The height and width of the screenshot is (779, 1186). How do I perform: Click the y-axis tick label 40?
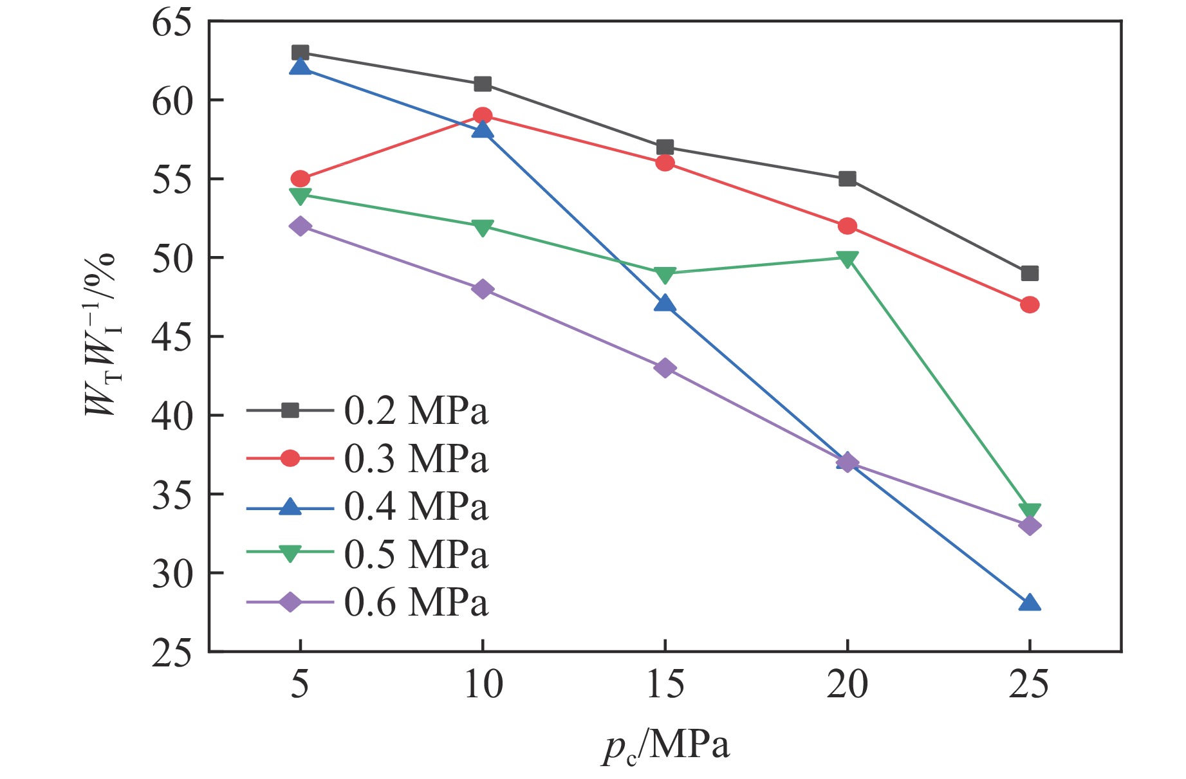click(x=172, y=416)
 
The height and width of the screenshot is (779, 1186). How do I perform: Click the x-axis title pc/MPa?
click(x=665, y=746)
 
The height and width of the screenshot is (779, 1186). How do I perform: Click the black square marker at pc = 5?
click(x=301, y=53)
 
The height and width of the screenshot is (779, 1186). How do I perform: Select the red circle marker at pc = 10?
click(x=483, y=116)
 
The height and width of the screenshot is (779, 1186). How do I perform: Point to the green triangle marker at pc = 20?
click(x=848, y=259)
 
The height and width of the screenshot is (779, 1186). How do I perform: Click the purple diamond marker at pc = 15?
click(x=665, y=368)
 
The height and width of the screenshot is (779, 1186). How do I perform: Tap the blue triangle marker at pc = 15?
click(x=665, y=304)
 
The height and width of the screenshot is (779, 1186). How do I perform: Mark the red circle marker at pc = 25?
click(x=1030, y=305)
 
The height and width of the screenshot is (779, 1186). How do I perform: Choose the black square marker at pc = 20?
click(x=848, y=179)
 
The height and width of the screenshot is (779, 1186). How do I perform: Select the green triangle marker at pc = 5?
click(x=301, y=196)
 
